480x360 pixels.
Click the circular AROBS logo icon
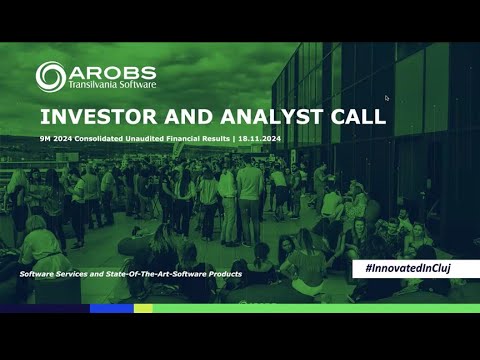51,76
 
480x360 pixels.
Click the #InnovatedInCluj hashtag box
414,268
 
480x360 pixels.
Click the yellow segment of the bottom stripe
143,308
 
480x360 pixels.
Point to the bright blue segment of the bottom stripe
111,308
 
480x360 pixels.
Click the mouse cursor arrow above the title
386,98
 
